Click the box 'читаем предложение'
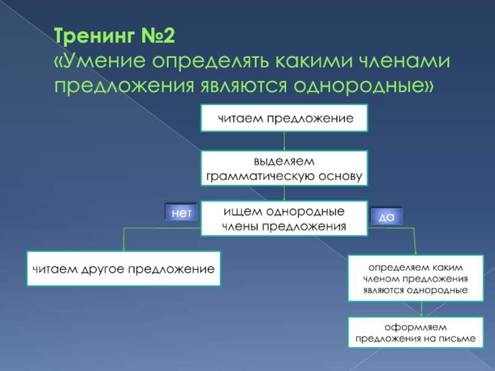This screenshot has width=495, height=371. tap(284, 118)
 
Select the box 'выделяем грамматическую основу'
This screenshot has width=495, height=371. tap(284, 168)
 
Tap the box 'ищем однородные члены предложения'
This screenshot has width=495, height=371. tap(284, 218)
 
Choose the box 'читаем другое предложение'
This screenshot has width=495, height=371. tap(123, 268)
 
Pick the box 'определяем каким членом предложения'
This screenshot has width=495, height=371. tap(415, 278)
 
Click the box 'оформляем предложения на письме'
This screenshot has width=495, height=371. tap(415, 332)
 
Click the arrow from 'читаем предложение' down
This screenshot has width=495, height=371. tap(284, 141)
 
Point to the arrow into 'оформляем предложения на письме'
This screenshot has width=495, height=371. tap(422, 309)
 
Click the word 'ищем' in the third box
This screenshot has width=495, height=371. tap(239, 211)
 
